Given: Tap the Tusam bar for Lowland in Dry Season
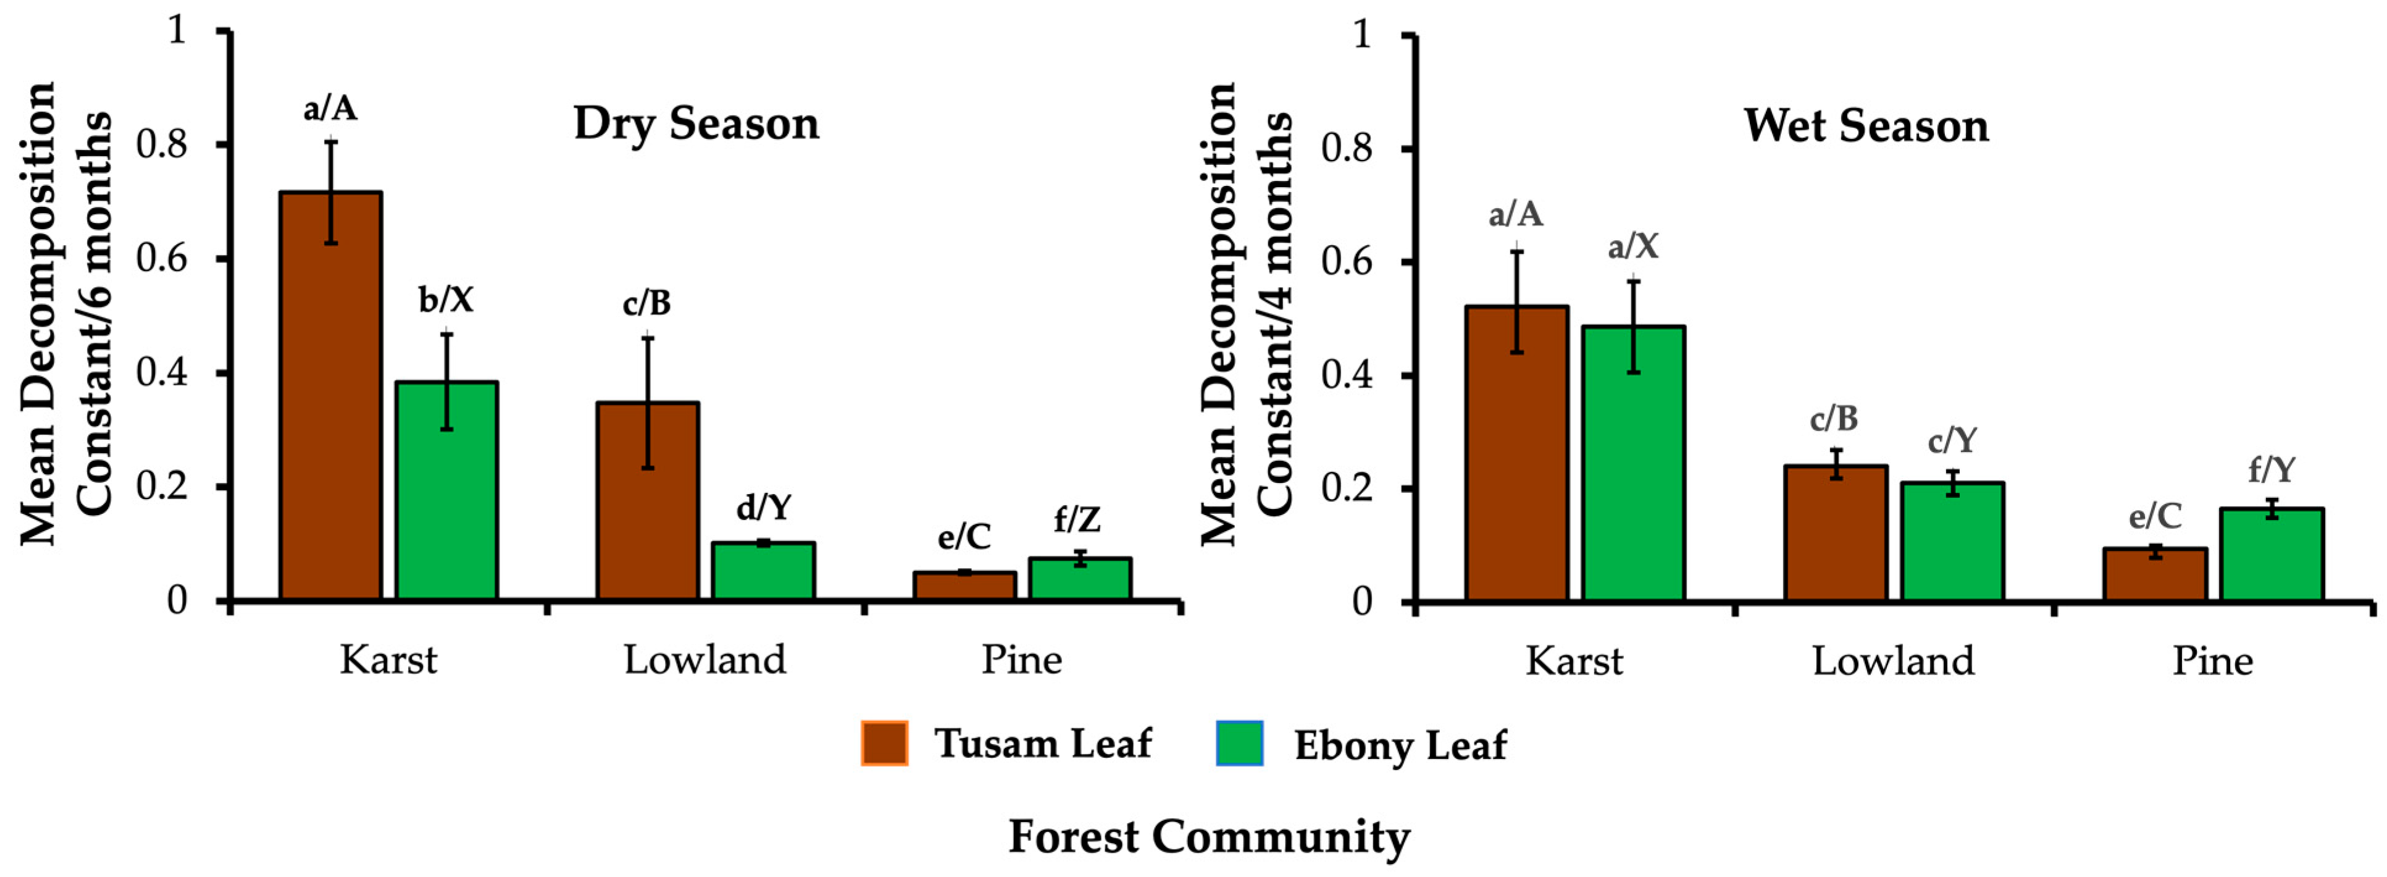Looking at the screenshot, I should point(648,501).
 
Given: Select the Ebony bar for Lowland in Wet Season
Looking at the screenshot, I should point(1952,542).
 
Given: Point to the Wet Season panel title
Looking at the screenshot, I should point(1867,125).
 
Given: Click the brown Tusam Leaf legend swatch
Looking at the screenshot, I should point(884,744).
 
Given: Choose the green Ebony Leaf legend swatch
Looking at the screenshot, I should point(1240,744).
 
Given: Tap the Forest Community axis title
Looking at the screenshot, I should point(1210,836).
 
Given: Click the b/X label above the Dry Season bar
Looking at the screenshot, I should point(446,300).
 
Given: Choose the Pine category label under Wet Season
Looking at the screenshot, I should point(2213,661).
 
